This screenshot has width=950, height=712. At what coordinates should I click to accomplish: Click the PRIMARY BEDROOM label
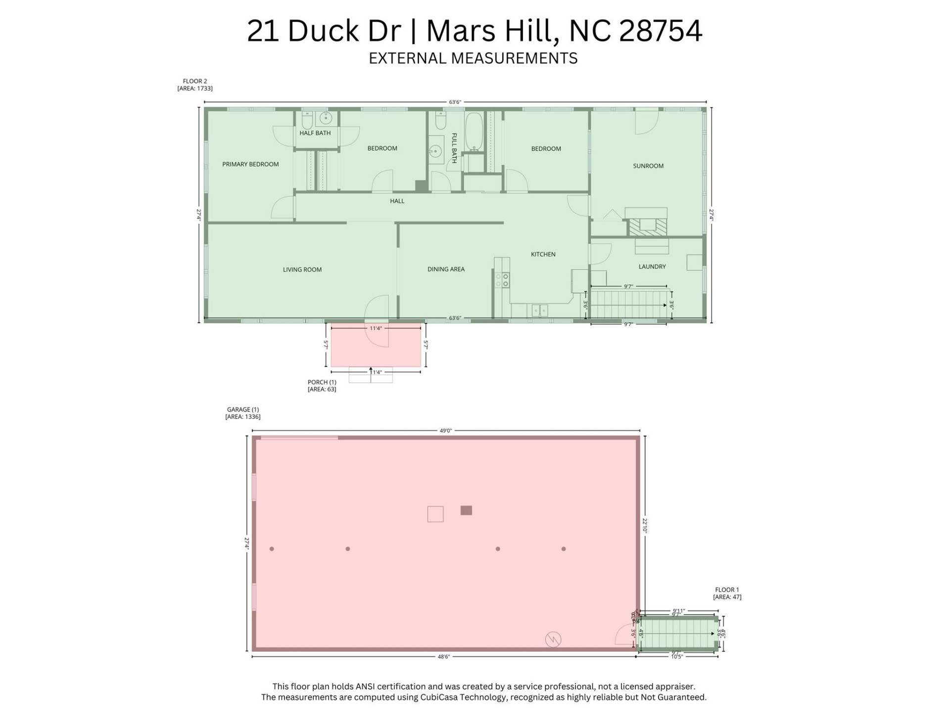pyautogui.click(x=250, y=164)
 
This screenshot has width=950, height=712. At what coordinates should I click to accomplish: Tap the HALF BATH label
pyautogui.click(x=315, y=133)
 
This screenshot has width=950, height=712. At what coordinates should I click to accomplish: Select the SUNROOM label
pyautogui.click(x=648, y=166)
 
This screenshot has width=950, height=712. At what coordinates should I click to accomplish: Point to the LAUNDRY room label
pyautogui.click(x=652, y=267)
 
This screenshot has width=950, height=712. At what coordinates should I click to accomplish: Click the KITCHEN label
pyautogui.click(x=543, y=254)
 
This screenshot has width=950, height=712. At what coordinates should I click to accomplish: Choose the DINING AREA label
pyautogui.click(x=446, y=269)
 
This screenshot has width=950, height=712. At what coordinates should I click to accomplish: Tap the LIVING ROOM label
pyautogui.click(x=302, y=269)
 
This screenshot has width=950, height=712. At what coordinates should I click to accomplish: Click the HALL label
pyautogui.click(x=397, y=201)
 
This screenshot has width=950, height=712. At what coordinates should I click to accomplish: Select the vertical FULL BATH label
pyautogui.click(x=454, y=148)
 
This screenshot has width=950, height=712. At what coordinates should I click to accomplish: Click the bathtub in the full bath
pyautogui.click(x=474, y=133)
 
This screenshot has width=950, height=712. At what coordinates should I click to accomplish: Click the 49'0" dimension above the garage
pyautogui.click(x=445, y=431)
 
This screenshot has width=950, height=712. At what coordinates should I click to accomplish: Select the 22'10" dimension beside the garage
pyautogui.click(x=645, y=525)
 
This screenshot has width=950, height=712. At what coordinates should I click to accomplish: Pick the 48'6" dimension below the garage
pyautogui.click(x=444, y=657)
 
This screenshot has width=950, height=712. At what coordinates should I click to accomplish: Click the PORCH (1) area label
pyautogui.click(x=322, y=386)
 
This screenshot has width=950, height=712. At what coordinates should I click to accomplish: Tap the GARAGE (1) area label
pyautogui.click(x=242, y=413)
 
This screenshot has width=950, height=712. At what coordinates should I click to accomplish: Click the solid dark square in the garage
pyautogui.click(x=466, y=510)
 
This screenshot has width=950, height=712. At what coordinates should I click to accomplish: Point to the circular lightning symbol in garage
pyautogui.click(x=553, y=639)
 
